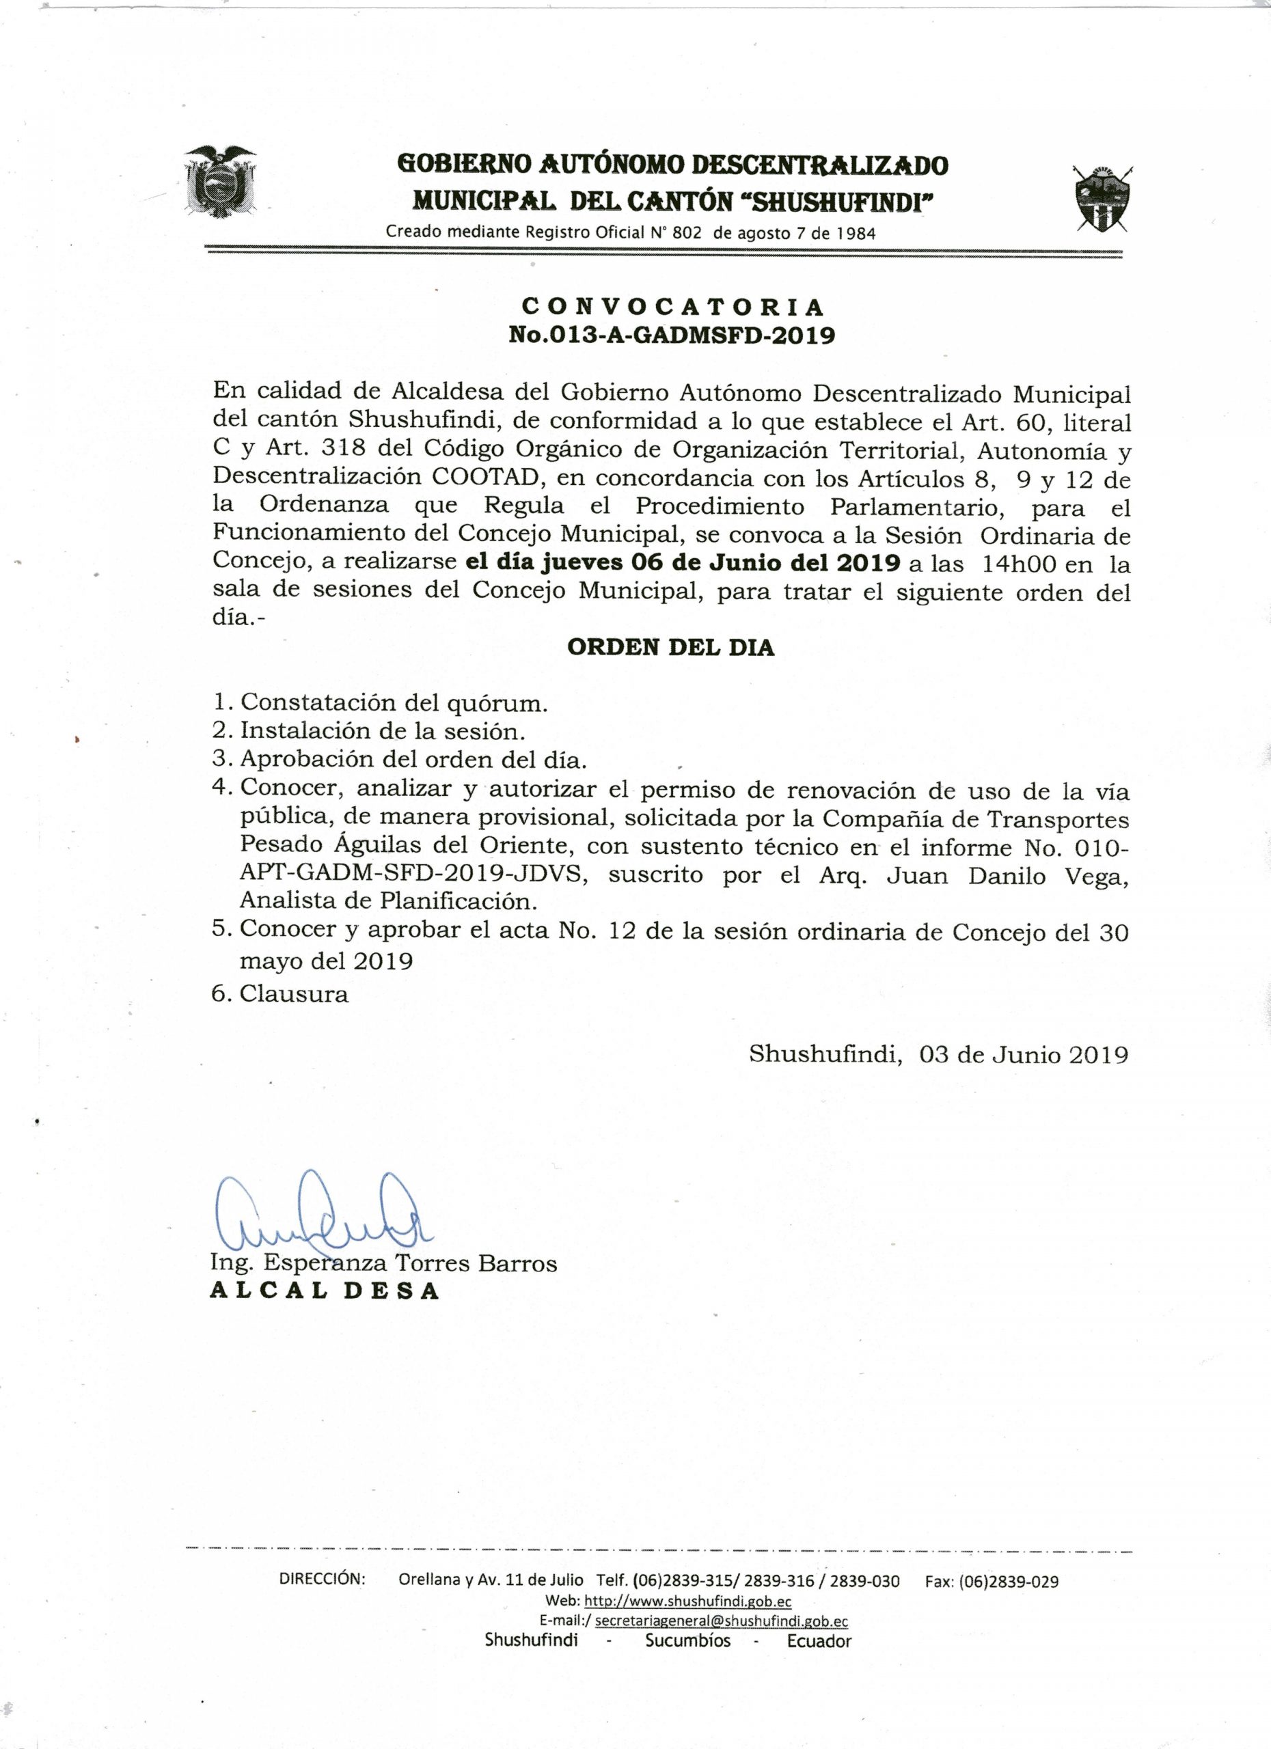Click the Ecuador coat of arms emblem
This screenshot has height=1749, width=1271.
tap(220, 180)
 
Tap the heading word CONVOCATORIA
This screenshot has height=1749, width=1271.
tap(672, 307)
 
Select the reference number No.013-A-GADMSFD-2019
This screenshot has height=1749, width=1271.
tap(672, 335)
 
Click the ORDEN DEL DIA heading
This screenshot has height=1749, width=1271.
tap(670, 647)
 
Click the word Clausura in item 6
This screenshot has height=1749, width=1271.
tap(294, 994)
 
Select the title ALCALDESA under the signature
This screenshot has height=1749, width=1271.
tap(325, 1292)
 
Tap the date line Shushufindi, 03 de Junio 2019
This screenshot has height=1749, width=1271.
tap(938, 1055)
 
